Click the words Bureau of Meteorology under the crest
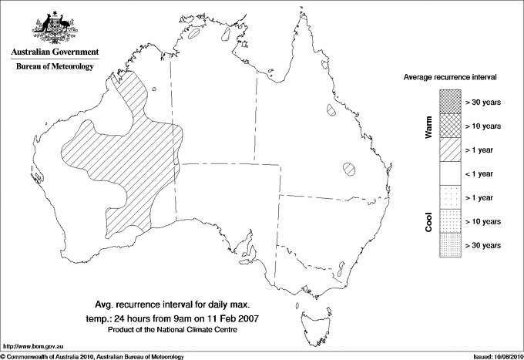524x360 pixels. pos(54,67)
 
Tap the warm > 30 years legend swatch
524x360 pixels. pos(448,100)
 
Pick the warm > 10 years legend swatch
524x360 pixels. pos(448,125)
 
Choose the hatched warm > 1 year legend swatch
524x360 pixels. pos(448,149)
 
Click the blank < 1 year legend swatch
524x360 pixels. pos(448,173)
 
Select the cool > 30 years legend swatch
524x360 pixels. pos(448,245)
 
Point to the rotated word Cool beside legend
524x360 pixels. pos(428,222)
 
